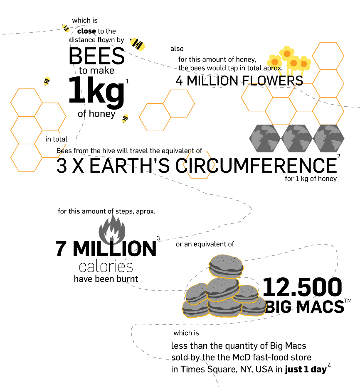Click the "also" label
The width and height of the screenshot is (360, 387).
pos(177,49)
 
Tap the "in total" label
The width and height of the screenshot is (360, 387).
pos(56,139)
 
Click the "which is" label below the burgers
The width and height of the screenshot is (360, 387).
pos(186,333)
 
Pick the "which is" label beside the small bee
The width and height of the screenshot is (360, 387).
pos(85,20)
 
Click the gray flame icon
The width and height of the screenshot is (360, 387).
pos(112,230)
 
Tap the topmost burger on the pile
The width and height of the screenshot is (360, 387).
pos(226,266)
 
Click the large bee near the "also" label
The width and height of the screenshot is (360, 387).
pos(136,43)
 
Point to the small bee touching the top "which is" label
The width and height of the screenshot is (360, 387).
pos(65,28)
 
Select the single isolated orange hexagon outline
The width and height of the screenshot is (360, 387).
pos(199,165)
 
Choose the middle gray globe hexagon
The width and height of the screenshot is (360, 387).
pos(297,139)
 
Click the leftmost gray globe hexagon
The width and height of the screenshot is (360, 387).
pos(265,139)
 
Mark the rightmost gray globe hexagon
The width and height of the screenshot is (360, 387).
pos(328,139)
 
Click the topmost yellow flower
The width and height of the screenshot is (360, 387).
pos(287,53)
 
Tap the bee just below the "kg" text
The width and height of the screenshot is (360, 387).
pos(124,120)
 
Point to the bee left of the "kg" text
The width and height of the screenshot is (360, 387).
pos(47,81)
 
